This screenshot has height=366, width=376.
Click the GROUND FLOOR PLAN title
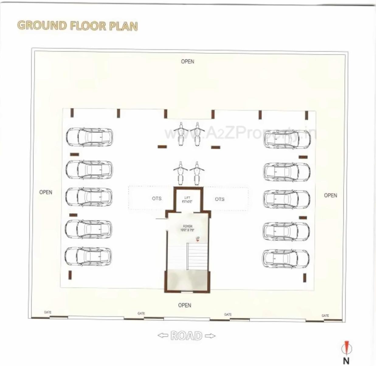78,26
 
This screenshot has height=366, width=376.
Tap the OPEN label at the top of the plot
187,61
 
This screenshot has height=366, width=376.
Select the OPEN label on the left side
46,192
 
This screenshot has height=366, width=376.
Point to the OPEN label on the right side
330,195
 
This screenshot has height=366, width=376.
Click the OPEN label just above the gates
185,305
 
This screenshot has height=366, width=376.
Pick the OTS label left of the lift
157,199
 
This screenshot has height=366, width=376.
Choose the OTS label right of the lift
219,199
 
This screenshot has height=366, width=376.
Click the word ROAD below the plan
186,336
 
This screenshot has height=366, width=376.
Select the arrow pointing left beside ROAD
163,336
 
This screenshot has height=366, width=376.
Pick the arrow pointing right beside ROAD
210,336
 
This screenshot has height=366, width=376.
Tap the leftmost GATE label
48,312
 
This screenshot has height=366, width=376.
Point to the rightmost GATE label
325,316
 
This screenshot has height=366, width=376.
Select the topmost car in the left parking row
89,137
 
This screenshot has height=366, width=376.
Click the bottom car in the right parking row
286,259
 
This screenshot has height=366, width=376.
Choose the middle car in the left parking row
89,197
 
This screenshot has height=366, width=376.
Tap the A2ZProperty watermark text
240,133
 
